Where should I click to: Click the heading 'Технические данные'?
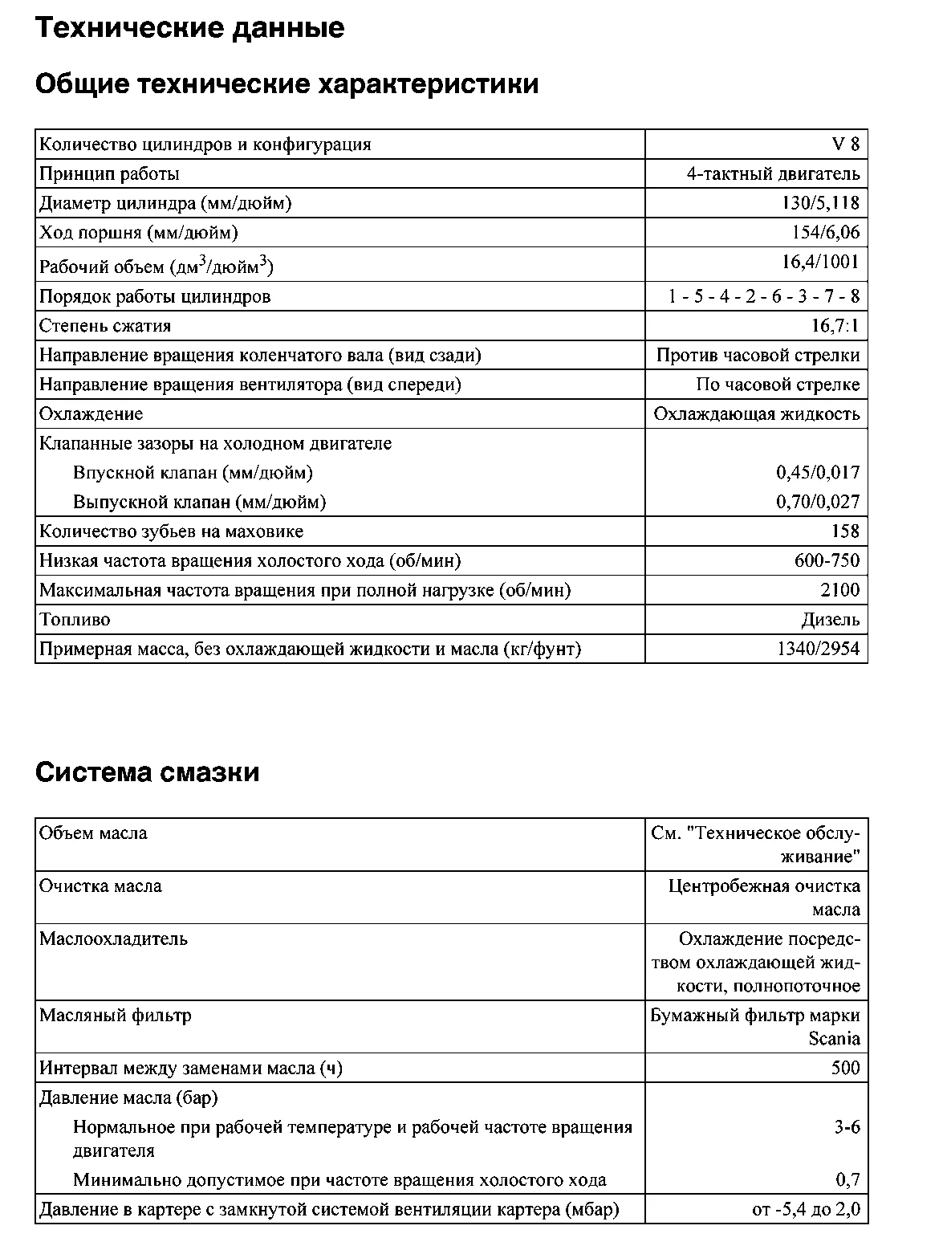coord(190,29)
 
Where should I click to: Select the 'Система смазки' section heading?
coord(148,772)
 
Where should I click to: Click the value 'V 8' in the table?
coord(845,145)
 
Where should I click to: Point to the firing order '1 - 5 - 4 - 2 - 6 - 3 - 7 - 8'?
coord(764,297)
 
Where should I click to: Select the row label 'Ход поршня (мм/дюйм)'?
coord(139,233)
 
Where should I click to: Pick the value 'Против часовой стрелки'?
coord(758,356)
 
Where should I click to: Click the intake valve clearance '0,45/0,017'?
coord(817,473)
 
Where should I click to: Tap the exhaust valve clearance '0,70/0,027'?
coord(817,503)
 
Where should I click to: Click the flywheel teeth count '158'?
coord(845,531)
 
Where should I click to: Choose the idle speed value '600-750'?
coord(827,561)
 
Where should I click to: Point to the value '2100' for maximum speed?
coord(839,591)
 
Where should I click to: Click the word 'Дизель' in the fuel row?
coord(830,620)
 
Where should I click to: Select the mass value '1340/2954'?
coord(818,649)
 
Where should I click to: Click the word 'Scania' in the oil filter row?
coord(834,1039)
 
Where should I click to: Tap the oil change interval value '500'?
coord(845,1069)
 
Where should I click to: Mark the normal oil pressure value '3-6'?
coord(847,1127)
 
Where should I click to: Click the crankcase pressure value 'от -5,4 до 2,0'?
coord(806,1210)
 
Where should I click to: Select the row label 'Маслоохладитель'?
coord(113,939)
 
